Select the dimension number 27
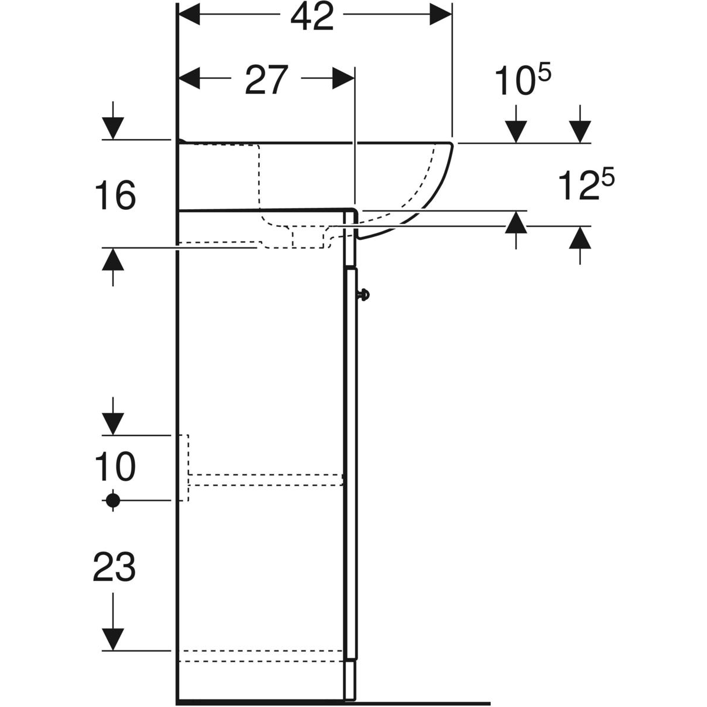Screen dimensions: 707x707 point(266,81)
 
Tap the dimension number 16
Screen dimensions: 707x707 point(115,196)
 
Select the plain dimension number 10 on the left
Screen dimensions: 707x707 point(115,467)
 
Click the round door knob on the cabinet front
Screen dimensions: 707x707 point(364,295)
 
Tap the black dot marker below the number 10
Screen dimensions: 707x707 point(113,500)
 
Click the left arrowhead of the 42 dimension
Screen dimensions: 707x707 point(189,15)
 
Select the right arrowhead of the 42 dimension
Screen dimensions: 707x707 point(441,15)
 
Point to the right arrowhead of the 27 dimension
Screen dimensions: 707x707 point(343,78)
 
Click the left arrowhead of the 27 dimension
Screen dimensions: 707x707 point(189,78)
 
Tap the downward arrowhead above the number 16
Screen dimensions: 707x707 point(113,128)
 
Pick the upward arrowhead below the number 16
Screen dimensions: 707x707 point(113,259)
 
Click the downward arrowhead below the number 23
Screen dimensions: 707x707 point(113,640)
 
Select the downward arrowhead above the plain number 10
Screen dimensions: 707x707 point(113,424)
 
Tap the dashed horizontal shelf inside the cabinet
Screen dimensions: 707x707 point(266,480)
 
